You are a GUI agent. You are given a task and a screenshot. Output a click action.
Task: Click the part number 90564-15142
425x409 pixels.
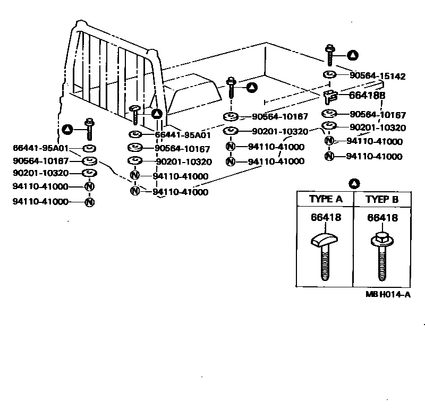coord(378,76)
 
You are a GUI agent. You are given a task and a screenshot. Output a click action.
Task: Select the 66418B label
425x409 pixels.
coord(367,96)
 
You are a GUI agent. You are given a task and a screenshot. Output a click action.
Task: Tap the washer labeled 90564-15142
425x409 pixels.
coord(329,74)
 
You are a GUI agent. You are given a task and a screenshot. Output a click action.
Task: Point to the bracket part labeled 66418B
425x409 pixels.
coord(331,96)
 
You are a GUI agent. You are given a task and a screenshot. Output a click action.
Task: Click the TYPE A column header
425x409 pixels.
coord(325,200)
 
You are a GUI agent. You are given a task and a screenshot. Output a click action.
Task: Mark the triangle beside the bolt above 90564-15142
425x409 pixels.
coord(352,55)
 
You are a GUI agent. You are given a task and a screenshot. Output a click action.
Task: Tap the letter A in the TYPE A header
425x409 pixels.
coord(339,200)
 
